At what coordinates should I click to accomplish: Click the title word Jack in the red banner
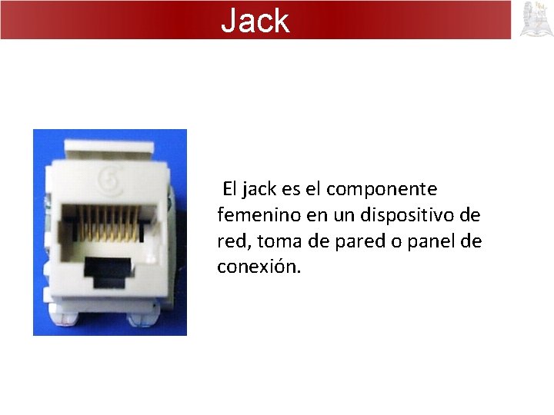point(255,21)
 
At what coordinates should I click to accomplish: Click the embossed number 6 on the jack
point(112,181)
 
